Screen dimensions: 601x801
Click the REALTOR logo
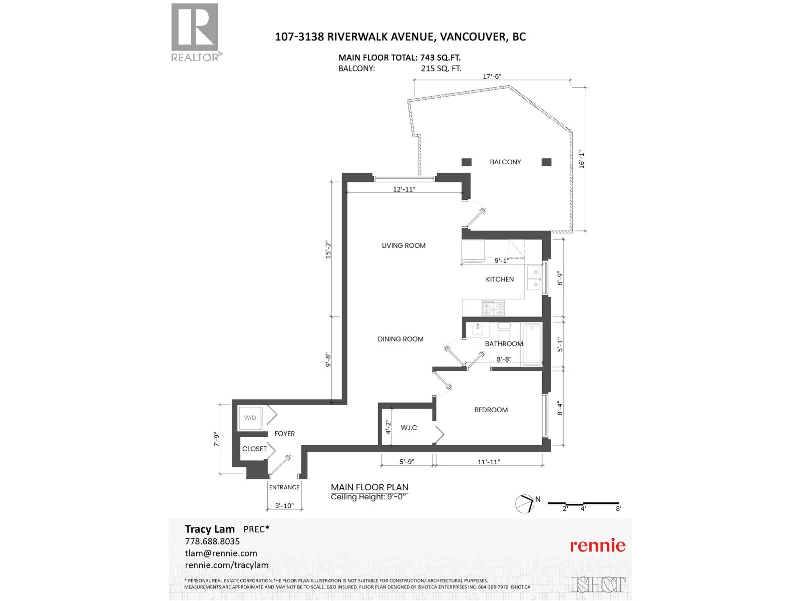[x=195, y=32]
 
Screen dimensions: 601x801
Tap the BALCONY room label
[x=505, y=162]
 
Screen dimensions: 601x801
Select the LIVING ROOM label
[x=404, y=245]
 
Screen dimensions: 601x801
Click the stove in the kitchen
[x=493, y=308]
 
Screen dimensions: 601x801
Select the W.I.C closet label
[x=409, y=428]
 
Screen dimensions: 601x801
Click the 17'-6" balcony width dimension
[x=492, y=77]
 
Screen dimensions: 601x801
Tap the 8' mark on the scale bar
[x=619, y=508]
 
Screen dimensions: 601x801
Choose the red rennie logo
[x=598, y=545]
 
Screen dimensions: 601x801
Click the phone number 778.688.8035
[x=212, y=541]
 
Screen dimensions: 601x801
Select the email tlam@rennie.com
[x=221, y=553]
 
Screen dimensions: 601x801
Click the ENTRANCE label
[x=284, y=487]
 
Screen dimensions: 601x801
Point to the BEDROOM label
[x=491, y=410]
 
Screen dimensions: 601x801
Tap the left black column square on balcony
[x=467, y=162]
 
